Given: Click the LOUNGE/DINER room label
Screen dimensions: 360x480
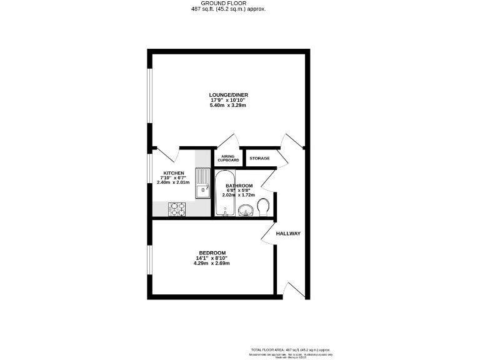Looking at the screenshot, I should point(228,95).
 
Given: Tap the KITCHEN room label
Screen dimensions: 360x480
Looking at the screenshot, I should point(174,172).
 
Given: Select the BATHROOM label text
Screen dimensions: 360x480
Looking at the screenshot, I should point(239,186).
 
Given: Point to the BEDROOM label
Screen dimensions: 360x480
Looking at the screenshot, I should point(212,252).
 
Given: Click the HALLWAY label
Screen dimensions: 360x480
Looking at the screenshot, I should point(289,234).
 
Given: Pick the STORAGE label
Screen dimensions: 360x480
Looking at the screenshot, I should point(259,158).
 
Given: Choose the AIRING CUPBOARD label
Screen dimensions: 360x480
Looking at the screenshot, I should point(228,158).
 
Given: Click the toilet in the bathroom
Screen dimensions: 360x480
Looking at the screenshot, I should point(263,207).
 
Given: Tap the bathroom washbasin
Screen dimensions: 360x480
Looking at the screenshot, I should point(247,209).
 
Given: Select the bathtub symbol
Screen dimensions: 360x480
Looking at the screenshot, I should point(223,194).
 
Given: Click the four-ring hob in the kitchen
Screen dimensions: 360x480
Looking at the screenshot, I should point(177,209).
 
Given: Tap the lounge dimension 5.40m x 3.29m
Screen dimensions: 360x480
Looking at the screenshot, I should point(228,105).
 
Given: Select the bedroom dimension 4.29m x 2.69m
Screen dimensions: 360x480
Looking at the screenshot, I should point(212,262).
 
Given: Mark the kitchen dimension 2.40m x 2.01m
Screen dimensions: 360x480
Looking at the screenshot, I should point(174,182).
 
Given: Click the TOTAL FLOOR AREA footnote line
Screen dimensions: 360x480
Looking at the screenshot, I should point(288,349).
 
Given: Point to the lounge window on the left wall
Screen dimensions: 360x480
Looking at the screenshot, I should point(149,94).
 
